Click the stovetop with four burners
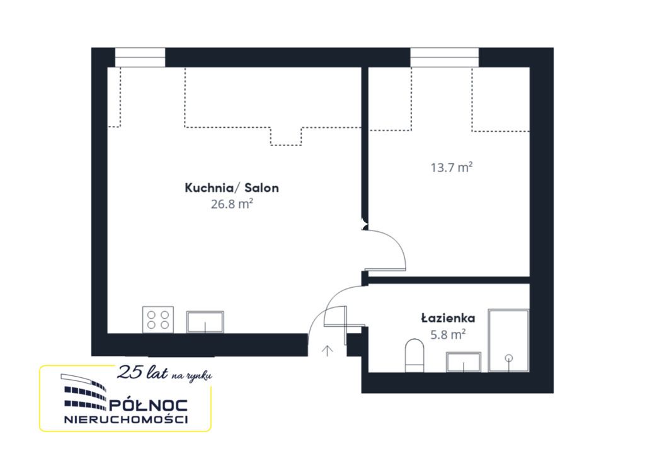coord(158,319)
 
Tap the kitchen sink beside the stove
coord(205,322)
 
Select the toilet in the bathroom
coord(414,355)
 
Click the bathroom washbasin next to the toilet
coord(464,362)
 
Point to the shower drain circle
coord(509,358)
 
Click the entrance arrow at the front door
coord(327,350)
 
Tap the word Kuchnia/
coord(212,188)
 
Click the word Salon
coord(261,188)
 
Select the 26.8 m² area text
coord(232,203)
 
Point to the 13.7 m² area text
coord(451,168)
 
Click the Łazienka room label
coord(448,318)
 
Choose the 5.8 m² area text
coord(448,334)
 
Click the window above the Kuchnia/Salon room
coord(140,57)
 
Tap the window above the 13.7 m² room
coord(444,57)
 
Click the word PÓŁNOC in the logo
coord(148,406)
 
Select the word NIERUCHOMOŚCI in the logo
coord(126,419)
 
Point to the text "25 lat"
coord(142,372)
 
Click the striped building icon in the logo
coord(84,392)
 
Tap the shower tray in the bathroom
coord(509,341)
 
